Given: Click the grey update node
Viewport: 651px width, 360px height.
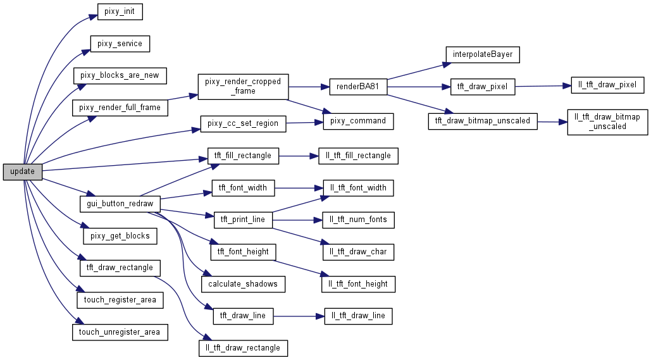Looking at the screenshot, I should pos(22,171).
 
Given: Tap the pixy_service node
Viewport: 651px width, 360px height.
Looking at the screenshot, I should pos(120,44).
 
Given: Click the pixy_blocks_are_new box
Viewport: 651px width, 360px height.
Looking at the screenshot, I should pos(120,75).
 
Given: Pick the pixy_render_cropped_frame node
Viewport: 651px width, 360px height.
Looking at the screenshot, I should pos(243,87).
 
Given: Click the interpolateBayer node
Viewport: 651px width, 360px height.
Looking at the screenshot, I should pos(482,54).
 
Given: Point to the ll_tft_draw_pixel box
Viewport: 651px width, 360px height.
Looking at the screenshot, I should pos(607,85).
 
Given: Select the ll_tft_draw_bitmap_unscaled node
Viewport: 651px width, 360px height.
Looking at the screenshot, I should pos(607,121).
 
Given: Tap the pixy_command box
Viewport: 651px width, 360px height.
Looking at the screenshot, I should pos(358,121).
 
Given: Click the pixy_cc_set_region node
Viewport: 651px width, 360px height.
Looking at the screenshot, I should pos(243,123).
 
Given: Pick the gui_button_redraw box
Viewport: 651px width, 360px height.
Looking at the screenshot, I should pos(120,204).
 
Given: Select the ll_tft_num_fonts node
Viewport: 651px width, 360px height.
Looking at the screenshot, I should pos(358,220).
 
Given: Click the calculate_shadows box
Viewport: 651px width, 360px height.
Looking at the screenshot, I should pos(243,284).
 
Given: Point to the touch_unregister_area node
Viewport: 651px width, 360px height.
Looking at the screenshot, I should pos(120,332).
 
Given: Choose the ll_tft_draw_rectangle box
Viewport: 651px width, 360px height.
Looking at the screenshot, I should pos(243,347).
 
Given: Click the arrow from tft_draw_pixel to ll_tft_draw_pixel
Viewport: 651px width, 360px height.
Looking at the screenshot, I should pos(542,86).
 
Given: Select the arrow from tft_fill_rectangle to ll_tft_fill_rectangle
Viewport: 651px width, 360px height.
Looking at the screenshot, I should pos(294,155).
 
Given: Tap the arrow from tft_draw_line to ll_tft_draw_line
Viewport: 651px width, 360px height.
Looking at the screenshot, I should pos(299,315).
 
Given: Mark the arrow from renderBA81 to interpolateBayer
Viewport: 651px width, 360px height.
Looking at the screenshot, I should pos(415,70).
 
